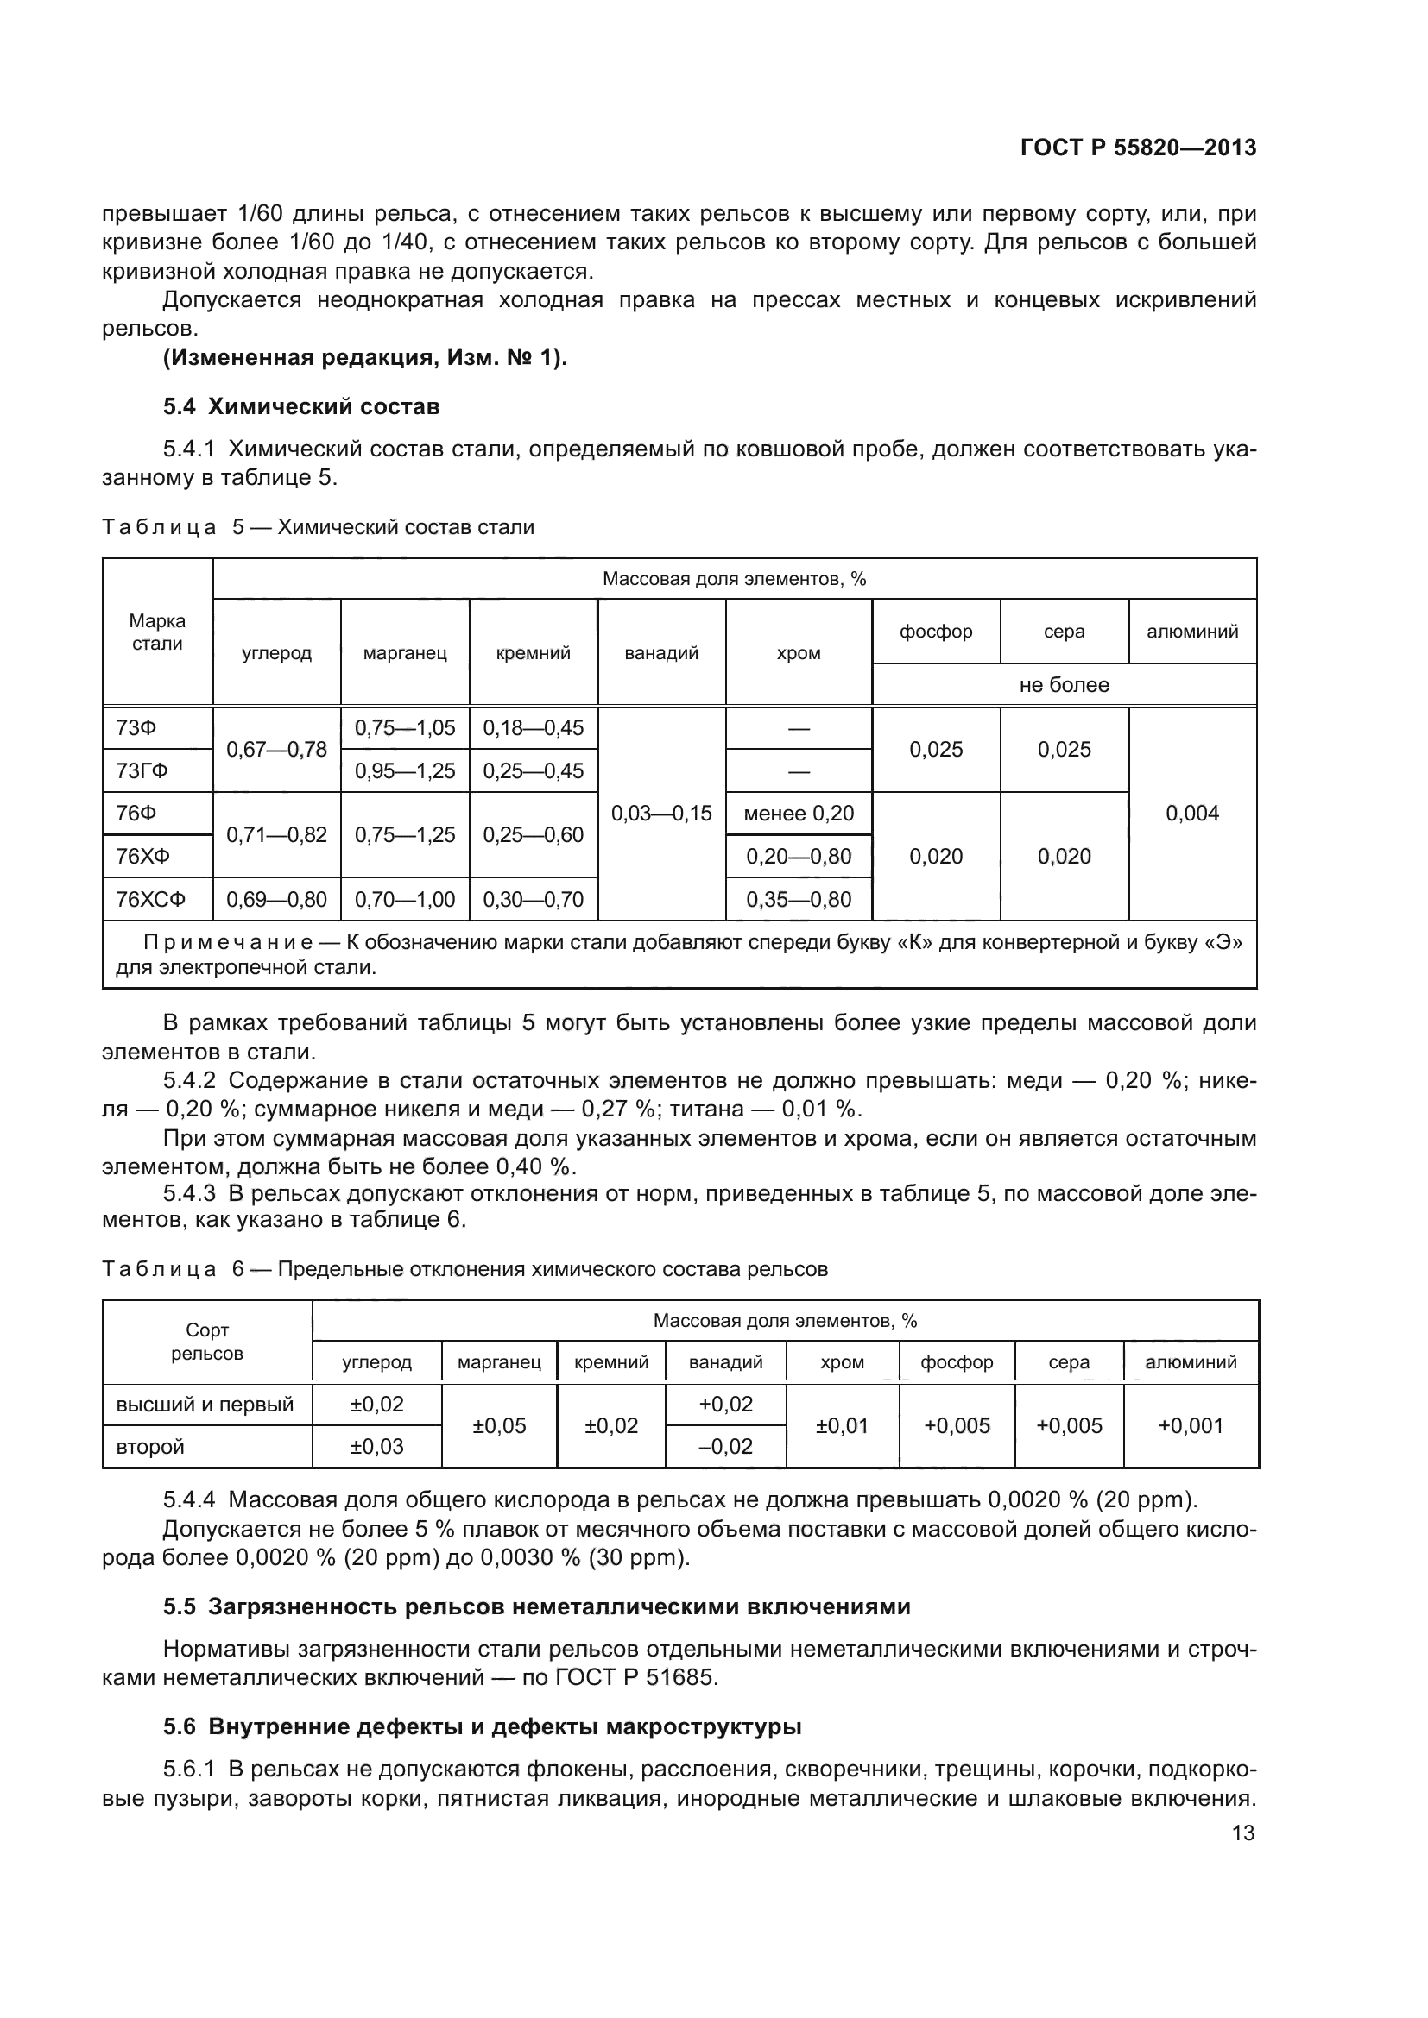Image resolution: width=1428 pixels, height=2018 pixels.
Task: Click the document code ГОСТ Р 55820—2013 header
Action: [1138, 148]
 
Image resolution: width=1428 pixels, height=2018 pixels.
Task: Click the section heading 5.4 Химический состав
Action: [300, 407]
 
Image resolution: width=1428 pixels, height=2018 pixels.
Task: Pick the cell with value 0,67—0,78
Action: [276, 749]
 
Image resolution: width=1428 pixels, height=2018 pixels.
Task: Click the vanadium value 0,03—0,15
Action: [661, 813]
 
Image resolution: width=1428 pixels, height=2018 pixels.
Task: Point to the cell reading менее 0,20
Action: [799, 813]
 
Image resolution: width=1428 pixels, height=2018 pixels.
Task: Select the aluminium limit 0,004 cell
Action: [1191, 813]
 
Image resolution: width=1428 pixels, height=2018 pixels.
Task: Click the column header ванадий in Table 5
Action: [661, 653]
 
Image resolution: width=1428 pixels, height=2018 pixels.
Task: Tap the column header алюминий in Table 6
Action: [1190, 1362]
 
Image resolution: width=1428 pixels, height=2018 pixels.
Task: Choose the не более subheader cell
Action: [1064, 685]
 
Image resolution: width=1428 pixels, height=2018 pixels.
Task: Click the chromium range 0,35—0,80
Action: [799, 899]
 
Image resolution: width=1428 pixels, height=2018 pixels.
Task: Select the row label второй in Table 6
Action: [150, 1447]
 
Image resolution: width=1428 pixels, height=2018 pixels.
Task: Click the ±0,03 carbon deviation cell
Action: [376, 1447]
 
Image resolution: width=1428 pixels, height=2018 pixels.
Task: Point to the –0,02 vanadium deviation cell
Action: [725, 1447]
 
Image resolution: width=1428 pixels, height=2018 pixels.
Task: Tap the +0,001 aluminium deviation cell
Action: [1190, 1425]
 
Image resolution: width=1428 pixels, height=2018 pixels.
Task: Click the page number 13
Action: [1242, 1833]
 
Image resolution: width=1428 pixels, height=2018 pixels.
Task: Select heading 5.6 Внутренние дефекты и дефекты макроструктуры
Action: [482, 1727]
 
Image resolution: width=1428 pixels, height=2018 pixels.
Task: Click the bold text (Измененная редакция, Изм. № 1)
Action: [365, 358]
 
